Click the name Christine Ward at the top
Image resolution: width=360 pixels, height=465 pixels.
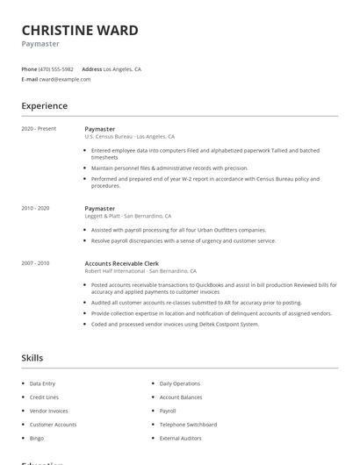coord(80,31)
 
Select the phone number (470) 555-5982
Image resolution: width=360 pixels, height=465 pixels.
coord(57,68)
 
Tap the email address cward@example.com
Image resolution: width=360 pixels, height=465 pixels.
coord(65,79)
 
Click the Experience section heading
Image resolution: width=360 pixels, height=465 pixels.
coord(45,106)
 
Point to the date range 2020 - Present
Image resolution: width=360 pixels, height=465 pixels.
coord(39,129)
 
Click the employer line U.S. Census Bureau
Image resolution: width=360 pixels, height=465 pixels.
coord(129,137)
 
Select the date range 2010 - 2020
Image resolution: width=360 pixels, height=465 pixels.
coord(36,208)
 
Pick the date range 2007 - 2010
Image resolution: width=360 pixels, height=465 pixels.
coord(36,263)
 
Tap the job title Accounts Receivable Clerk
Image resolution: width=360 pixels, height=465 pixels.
coord(123,263)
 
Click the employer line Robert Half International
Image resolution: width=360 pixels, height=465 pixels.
coord(140,271)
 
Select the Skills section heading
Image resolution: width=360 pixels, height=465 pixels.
coord(32,358)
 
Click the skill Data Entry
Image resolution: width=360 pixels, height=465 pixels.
coord(42,383)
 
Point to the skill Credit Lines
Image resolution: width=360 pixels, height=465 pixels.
coord(44,397)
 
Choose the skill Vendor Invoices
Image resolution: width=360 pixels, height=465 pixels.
coord(48,411)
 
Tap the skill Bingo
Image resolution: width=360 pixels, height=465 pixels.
coord(37,438)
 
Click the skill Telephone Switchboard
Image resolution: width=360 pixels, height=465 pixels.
coord(188,424)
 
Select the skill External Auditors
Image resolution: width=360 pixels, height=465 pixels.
coord(180,438)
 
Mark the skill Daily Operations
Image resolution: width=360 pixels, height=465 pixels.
coord(180,383)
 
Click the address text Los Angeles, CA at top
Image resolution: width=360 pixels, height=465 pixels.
coord(122,68)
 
